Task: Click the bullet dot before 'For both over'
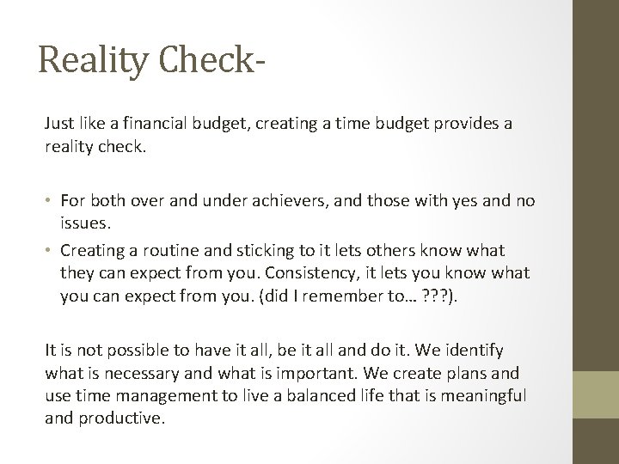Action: coord(51,201)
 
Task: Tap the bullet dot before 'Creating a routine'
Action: coord(51,248)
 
